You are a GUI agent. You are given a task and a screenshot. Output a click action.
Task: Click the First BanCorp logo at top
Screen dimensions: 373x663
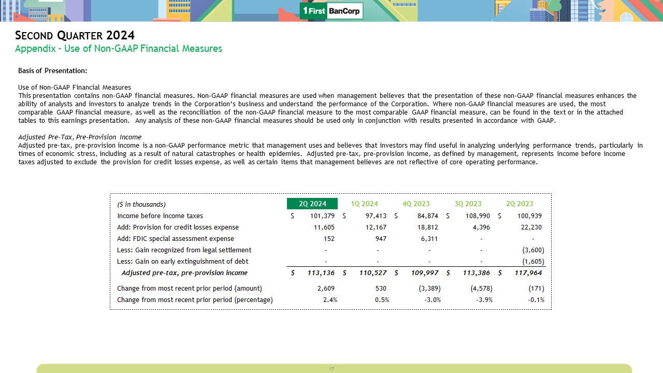[331, 11]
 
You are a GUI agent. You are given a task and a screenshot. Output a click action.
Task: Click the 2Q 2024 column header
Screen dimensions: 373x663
[312, 204]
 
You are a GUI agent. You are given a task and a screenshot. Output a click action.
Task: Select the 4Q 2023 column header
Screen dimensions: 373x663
[416, 204]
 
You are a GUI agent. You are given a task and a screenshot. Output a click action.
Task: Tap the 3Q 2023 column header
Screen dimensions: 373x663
[468, 204]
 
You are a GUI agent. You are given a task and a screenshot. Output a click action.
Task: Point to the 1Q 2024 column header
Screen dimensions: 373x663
[364, 204]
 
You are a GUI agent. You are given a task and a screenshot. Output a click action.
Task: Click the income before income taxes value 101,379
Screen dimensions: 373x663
[322, 216]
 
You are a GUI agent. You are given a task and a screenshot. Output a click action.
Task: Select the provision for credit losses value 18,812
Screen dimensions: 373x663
[427, 227]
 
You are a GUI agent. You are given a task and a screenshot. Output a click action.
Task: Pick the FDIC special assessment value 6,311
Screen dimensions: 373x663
[429, 239]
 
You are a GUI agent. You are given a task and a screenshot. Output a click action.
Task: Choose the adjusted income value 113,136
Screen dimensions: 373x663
[321, 273]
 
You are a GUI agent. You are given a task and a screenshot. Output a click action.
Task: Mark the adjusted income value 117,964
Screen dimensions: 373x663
[528, 273]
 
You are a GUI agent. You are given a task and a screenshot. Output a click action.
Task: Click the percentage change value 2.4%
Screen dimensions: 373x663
[330, 299]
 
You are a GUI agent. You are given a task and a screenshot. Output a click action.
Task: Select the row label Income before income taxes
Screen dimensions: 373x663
[160, 216]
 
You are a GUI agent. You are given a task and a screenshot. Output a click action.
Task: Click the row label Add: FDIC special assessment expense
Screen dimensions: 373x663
[176, 239]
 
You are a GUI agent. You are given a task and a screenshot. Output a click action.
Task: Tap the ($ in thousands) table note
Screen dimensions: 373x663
[141, 204]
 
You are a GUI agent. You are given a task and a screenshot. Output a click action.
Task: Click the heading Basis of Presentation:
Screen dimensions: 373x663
[52, 70]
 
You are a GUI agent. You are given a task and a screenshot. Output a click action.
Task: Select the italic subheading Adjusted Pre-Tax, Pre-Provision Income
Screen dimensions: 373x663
[80, 137]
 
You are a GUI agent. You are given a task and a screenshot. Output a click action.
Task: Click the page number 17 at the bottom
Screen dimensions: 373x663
[331, 369]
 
